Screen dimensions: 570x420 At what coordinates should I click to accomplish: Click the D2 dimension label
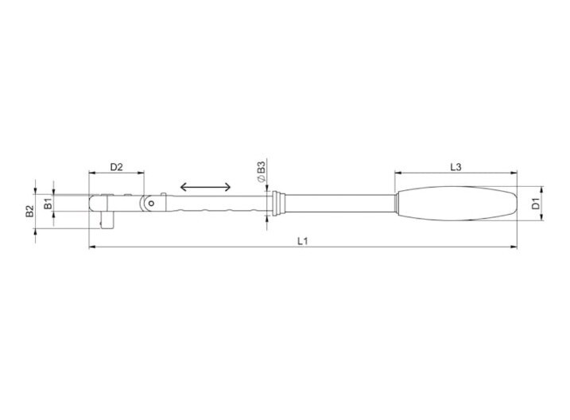coord(117,167)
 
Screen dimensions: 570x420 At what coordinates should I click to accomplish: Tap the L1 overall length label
coord(303,241)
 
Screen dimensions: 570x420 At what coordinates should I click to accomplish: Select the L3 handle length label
coord(456,167)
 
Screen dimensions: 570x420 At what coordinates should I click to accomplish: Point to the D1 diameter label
coord(536,204)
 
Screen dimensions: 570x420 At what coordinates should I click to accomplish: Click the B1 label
coord(48,204)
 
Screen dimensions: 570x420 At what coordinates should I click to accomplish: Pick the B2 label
coord(29,211)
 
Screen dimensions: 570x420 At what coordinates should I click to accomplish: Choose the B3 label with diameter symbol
coord(261,172)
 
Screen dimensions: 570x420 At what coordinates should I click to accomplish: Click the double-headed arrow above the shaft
coord(205,187)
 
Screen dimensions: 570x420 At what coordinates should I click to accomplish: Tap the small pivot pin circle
coord(151,204)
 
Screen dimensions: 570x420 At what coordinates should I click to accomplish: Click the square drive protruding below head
coord(107,221)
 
